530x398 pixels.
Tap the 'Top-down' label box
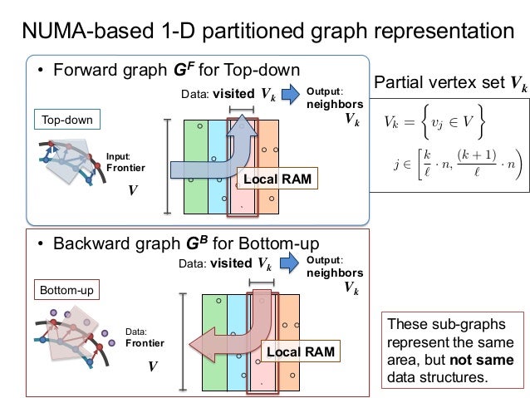[x=67, y=120]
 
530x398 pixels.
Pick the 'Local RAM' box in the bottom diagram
[x=300, y=352]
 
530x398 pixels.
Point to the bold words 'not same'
[x=486, y=361]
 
